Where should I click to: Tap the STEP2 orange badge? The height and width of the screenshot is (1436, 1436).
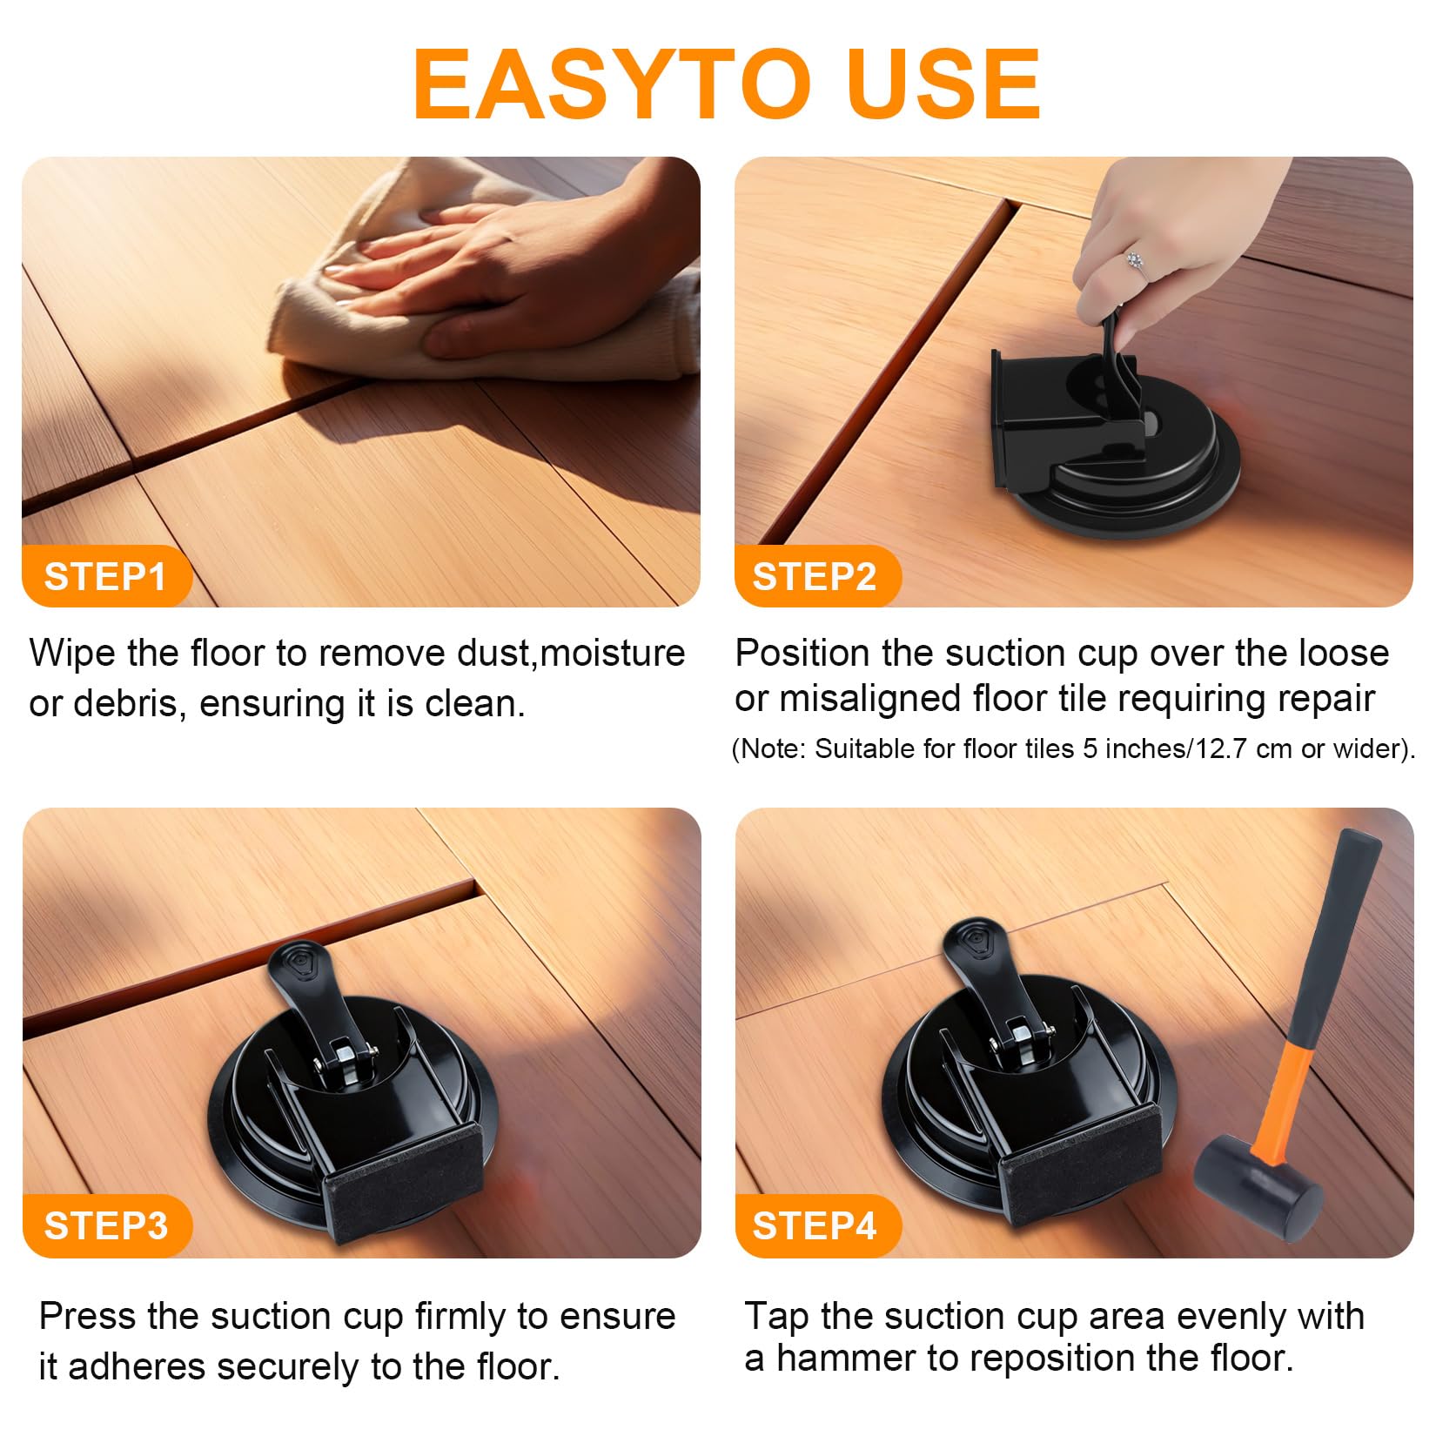(x=816, y=576)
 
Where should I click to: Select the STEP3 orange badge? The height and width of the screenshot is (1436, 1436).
(x=106, y=1225)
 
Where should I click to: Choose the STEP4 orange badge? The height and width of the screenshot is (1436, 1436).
(x=816, y=1225)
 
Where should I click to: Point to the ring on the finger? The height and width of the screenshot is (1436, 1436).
(x=1134, y=259)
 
